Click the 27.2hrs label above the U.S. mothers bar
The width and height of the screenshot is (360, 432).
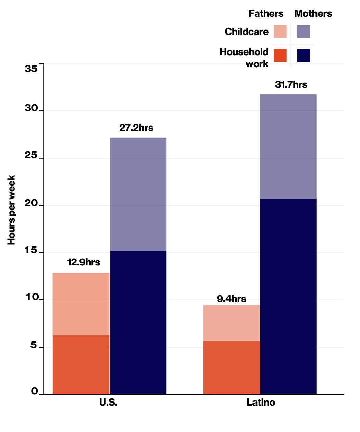(x=136, y=128)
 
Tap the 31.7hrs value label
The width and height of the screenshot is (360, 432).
(x=291, y=84)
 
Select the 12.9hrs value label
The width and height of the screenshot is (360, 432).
(x=84, y=262)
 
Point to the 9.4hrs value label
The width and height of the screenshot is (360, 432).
(x=231, y=299)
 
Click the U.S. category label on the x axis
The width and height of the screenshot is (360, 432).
(x=108, y=402)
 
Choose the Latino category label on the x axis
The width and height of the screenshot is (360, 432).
(x=261, y=402)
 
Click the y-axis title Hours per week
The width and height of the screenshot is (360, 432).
(x=12, y=210)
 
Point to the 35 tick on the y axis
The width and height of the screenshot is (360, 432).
(x=31, y=69)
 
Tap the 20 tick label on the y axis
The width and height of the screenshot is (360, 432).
(x=31, y=203)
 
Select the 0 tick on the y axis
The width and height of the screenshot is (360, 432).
(x=34, y=391)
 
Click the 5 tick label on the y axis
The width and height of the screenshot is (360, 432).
(x=33, y=345)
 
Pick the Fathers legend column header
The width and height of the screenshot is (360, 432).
(x=266, y=14)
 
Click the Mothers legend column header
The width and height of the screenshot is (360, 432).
(x=313, y=14)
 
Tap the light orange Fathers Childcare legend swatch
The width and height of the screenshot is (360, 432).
(x=280, y=32)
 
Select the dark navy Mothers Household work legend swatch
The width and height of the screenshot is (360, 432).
(x=303, y=56)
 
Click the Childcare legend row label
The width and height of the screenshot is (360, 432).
(x=246, y=32)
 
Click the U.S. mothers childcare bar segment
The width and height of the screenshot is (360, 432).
(x=138, y=194)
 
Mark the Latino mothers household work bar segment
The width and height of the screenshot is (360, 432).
(x=288, y=296)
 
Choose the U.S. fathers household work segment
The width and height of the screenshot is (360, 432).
(x=81, y=364)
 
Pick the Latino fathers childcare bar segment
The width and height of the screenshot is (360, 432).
(x=232, y=323)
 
